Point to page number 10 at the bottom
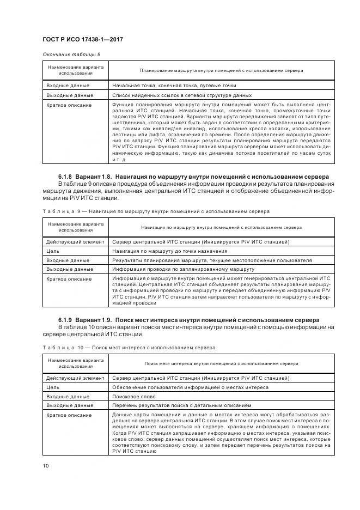(46, 465)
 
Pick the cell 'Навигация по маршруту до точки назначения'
(169, 251)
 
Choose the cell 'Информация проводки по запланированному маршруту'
(183, 269)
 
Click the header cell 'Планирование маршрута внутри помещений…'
(222, 70)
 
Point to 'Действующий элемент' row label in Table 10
(75, 378)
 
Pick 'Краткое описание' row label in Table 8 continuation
(69, 104)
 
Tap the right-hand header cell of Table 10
(222, 363)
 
